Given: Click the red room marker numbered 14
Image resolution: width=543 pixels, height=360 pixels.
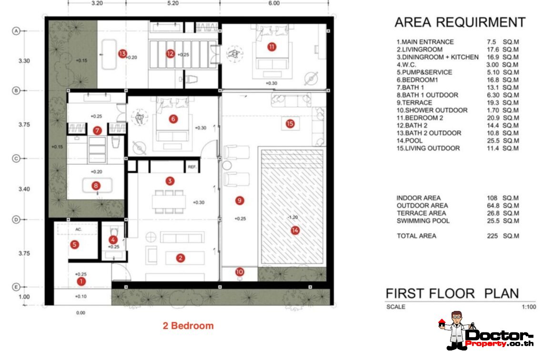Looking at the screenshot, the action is point(295,230).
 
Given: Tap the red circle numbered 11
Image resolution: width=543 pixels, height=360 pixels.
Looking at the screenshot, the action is point(272,47).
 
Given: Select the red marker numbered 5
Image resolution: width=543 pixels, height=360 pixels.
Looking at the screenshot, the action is point(74,245).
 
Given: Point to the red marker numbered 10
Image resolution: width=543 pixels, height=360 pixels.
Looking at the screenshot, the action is point(240,272).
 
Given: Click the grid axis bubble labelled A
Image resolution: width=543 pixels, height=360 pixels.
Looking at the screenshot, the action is point(16,31).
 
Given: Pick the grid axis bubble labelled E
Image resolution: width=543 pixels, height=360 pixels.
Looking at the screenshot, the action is point(16,287).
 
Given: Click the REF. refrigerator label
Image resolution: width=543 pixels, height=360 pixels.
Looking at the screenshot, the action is point(192,167).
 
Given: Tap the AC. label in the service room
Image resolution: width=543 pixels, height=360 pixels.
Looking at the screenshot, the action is point(79,230).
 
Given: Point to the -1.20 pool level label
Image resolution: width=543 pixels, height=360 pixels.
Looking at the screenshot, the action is point(292,218).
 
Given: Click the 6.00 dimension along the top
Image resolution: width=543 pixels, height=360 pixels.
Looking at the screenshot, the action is point(274,3).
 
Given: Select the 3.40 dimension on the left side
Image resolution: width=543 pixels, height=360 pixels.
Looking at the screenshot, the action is point(24,189).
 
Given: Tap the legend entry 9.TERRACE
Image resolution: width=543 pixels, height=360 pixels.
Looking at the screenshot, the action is point(414,103).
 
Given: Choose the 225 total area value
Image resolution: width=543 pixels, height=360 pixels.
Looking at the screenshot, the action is point(492,236).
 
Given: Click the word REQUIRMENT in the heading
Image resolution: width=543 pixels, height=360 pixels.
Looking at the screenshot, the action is point(481,22).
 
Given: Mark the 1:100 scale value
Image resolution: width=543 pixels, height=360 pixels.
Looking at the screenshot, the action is point(529,307).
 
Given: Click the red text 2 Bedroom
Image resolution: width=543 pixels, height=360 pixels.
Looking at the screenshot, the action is point(189,326).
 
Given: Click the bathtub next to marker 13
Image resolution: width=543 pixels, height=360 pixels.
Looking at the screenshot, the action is point(109,54).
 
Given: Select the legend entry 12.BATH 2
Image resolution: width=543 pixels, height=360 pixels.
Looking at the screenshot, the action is point(412,126).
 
